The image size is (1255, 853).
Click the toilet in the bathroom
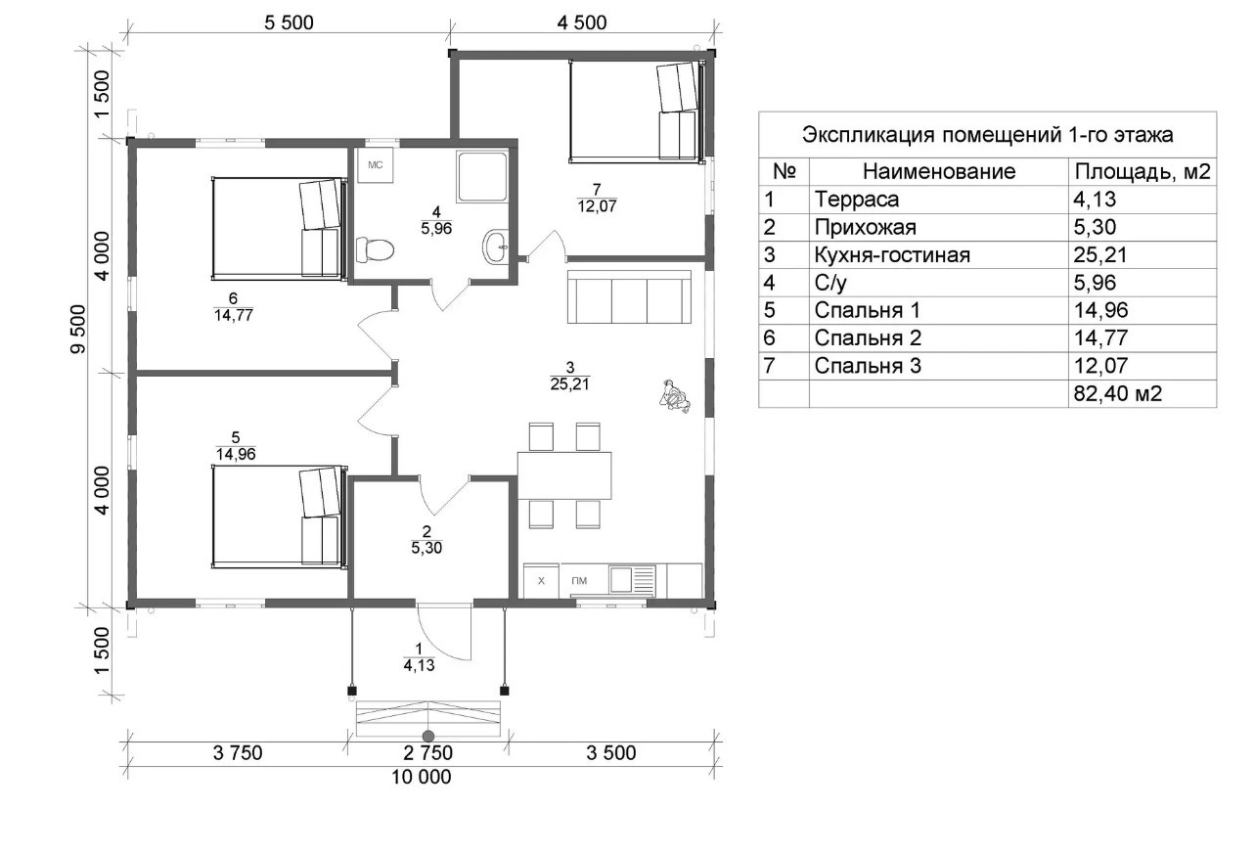tap(375, 249)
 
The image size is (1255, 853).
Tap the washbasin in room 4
tap(496, 247)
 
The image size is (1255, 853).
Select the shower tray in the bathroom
tap(482, 176)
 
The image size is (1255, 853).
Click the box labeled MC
tap(376, 164)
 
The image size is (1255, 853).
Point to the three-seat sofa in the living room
tap(629, 296)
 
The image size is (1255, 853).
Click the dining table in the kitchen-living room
tap(564, 475)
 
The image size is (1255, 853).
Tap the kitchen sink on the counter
tap(633, 579)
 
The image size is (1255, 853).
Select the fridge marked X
tap(541, 581)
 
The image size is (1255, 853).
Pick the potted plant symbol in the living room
tap(675, 396)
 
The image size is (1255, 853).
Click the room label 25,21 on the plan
tap(570, 383)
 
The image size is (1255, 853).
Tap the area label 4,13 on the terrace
tap(419, 665)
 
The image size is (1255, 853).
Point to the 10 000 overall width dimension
tap(422, 777)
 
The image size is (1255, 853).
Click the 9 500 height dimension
tap(79, 329)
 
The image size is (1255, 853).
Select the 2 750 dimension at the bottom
tap(428, 752)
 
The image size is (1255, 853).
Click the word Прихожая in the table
tap(865, 228)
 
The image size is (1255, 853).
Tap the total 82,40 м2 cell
tap(1118, 393)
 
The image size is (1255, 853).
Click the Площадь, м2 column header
tap(1143, 171)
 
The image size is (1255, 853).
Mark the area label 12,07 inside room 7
tap(598, 206)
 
